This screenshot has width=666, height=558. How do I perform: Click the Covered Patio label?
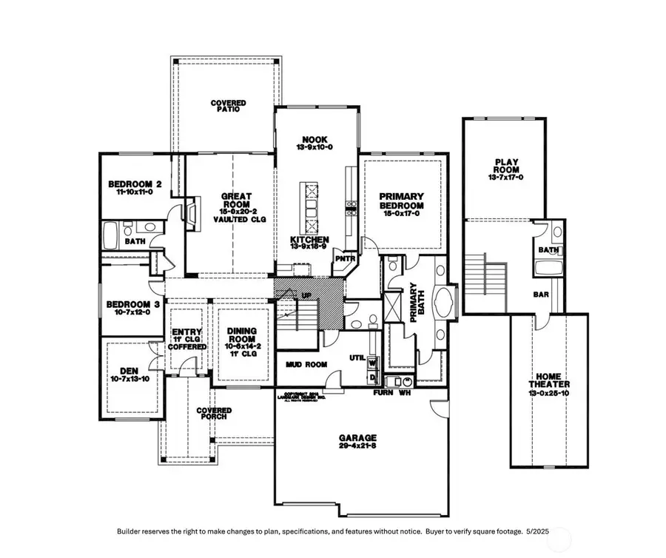[x=228, y=107]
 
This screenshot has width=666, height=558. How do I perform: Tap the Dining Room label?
[x=242, y=337]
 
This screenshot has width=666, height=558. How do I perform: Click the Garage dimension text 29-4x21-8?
[x=359, y=446]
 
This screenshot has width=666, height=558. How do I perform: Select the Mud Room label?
[x=306, y=364]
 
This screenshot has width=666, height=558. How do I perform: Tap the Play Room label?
[x=505, y=169]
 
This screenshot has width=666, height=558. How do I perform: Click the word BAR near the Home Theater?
[x=541, y=294]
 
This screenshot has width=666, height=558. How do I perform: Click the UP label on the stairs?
[x=305, y=295]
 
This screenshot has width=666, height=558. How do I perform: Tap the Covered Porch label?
[x=214, y=414]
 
